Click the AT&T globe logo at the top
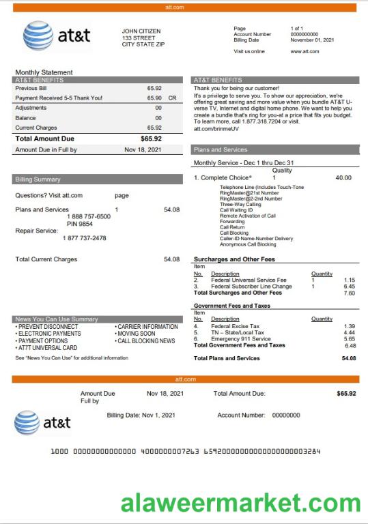39,35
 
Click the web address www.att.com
305,51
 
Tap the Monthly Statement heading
44,72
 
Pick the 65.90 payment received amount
154,98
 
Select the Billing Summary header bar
97,179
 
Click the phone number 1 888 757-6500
88,216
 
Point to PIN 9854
80,224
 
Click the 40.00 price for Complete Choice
343,178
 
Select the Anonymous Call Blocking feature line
248,244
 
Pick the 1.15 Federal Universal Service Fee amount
349,280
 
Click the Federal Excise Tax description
235,327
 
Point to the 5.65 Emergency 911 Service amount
349,339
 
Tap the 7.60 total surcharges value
349,293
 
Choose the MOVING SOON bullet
136,334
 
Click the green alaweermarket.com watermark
241,504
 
